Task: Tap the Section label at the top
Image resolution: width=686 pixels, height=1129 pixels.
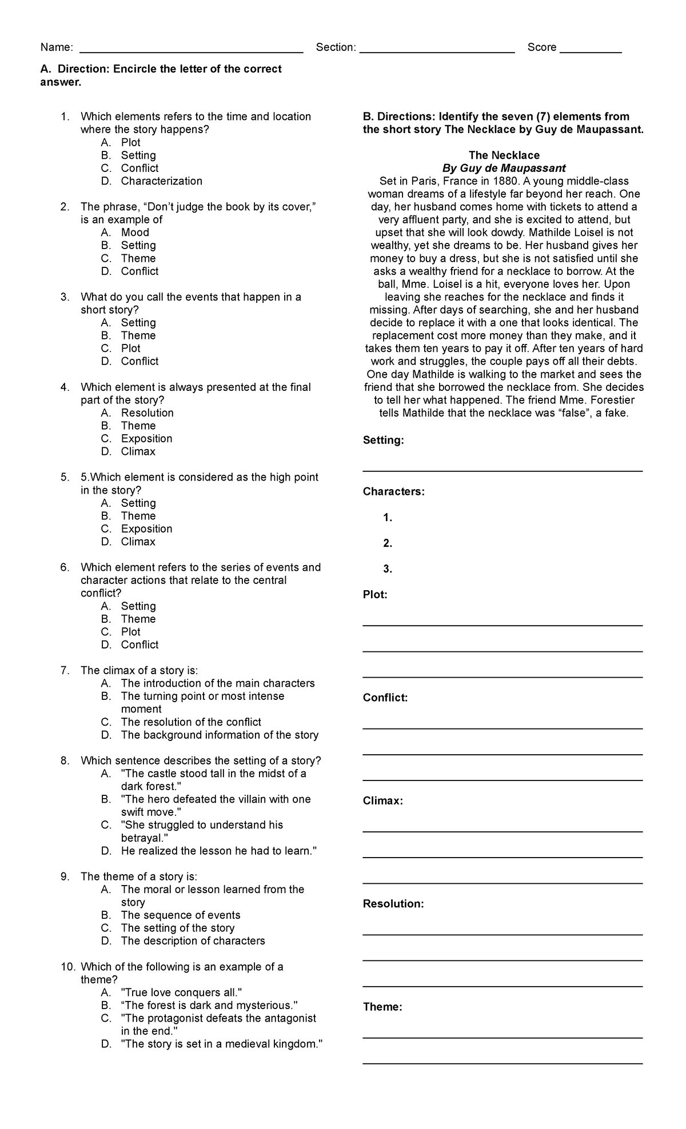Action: click(x=336, y=47)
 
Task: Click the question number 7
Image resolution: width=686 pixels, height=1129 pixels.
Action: click(x=65, y=671)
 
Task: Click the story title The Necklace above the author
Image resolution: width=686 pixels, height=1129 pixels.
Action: click(x=504, y=155)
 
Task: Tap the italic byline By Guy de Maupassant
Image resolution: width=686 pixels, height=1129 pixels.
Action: click(x=504, y=169)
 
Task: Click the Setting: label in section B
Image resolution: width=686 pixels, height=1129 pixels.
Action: click(x=383, y=441)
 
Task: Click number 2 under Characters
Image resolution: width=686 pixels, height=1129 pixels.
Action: click(x=388, y=543)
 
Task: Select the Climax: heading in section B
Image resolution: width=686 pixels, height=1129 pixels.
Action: click(x=382, y=801)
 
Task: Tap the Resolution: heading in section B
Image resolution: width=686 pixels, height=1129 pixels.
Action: click(x=393, y=904)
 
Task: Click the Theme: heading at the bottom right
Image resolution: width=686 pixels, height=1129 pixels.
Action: click(x=382, y=1007)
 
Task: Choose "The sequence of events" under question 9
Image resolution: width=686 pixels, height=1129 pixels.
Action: click(x=180, y=915)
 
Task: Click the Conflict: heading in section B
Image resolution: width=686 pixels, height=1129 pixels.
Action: click(x=385, y=698)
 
